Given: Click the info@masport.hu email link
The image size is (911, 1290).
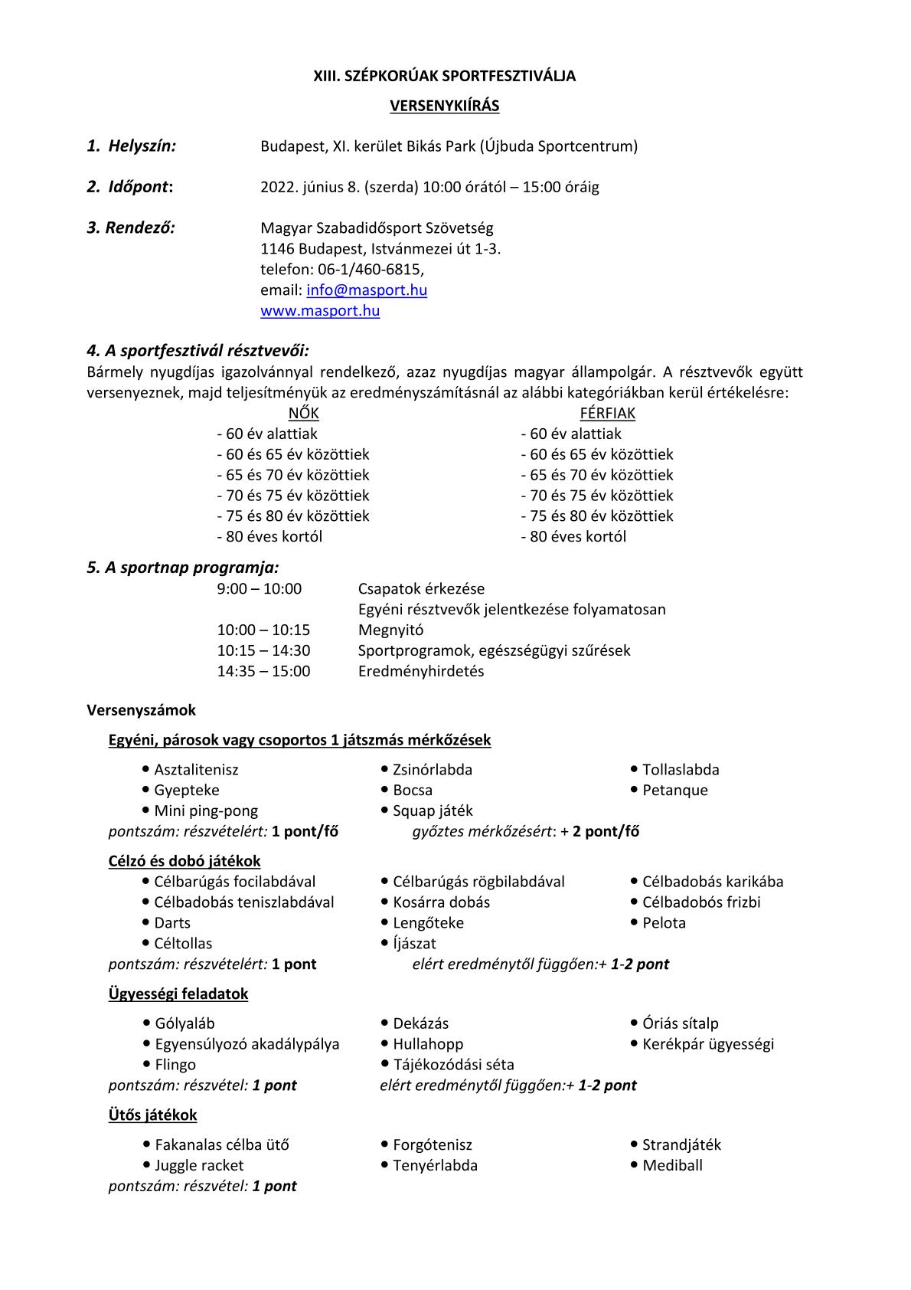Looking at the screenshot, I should pyautogui.click(x=367, y=290).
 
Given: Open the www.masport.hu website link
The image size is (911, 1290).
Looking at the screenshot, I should pyautogui.click(x=320, y=311).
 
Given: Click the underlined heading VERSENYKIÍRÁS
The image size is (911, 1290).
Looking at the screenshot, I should pyautogui.click(x=444, y=106).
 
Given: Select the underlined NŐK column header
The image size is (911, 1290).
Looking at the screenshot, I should pyautogui.click(x=303, y=414).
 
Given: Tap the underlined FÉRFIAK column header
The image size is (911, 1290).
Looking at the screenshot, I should pyautogui.click(x=607, y=414).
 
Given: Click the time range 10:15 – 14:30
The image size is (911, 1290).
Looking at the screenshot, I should pyautogui.click(x=263, y=651).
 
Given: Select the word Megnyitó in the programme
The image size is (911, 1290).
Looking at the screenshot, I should pyautogui.click(x=390, y=630).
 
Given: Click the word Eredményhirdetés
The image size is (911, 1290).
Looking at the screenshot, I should pyautogui.click(x=421, y=672).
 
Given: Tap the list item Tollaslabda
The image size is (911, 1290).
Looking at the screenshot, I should pyautogui.click(x=681, y=770).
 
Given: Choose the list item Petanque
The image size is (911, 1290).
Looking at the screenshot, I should pyautogui.click(x=675, y=791).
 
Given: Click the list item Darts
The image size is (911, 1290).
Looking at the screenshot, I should pyautogui.click(x=172, y=923).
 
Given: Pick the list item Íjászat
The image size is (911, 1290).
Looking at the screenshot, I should pyautogui.click(x=414, y=944).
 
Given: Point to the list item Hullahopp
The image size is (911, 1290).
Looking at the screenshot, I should pyautogui.click(x=428, y=1044).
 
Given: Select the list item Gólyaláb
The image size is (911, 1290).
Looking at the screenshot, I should pyautogui.click(x=184, y=1023).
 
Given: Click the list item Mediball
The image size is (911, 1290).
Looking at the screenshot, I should pyautogui.click(x=672, y=1166).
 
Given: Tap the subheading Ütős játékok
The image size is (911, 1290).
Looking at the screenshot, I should pyautogui.click(x=152, y=1115).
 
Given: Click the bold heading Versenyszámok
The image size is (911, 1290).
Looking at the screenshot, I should pyautogui.click(x=142, y=710).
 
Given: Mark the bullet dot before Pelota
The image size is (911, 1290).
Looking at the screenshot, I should pyautogui.click(x=635, y=922).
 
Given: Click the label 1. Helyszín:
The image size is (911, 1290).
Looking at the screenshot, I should pyautogui.click(x=132, y=146).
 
